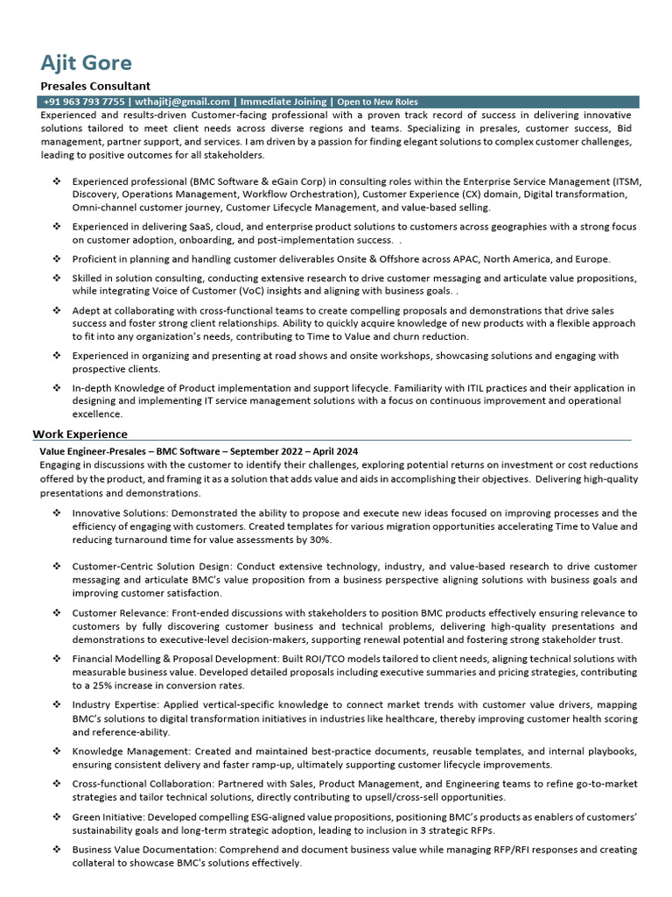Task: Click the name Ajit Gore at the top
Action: [x=87, y=63]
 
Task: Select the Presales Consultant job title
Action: [x=95, y=86]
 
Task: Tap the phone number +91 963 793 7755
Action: [x=84, y=102]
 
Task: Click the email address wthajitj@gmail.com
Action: [x=182, y=102]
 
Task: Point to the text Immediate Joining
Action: [x=283, y=102]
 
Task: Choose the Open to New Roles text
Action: [x=377, y=102]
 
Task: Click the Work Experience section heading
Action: [x=80, y=434]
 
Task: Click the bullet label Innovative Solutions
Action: [x=120, y=512]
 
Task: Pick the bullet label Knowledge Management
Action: [x=131, y=752]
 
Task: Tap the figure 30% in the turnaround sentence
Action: [x=320, y=540]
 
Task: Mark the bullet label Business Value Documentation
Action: [x=144, y=850]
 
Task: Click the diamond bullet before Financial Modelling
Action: [x=56, y=659]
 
